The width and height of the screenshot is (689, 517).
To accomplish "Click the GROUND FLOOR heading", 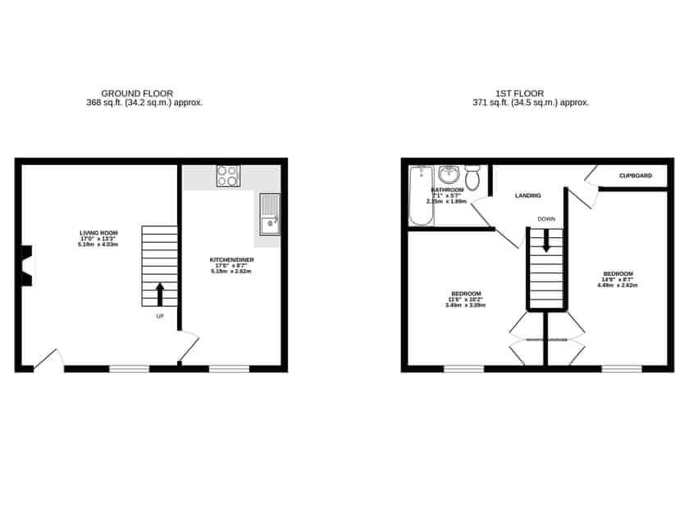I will tap(137, 94).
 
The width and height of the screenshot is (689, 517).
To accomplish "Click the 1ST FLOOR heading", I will tap(519, 94).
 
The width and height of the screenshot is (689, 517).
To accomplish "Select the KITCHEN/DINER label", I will tap(232, 260).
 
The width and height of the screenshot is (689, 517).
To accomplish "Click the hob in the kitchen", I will tap(228, 176).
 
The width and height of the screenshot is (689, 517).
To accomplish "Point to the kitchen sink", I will tap(269, 214).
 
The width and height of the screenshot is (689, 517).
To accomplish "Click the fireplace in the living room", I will tap(27, 266).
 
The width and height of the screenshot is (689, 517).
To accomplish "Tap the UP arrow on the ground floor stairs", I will tap(160, 293).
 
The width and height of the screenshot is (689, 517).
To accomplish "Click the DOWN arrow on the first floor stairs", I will tap(546, 240).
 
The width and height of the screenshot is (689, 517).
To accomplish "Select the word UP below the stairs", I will tap(159, 316).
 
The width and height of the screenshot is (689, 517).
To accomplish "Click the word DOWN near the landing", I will tap(546, 219).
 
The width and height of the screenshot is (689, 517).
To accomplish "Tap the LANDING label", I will tap(527, 195).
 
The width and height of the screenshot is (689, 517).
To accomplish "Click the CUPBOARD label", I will tap(636, 176).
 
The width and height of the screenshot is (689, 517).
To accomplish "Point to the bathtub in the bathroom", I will tap(420, 195).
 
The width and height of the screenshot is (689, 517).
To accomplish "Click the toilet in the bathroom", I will tap(472, 178).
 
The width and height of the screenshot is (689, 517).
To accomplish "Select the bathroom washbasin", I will tap(449, 175).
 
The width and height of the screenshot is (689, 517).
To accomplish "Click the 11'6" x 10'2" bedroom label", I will tap(465, 293).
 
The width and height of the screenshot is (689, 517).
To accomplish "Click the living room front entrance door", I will tap(48, 361).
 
